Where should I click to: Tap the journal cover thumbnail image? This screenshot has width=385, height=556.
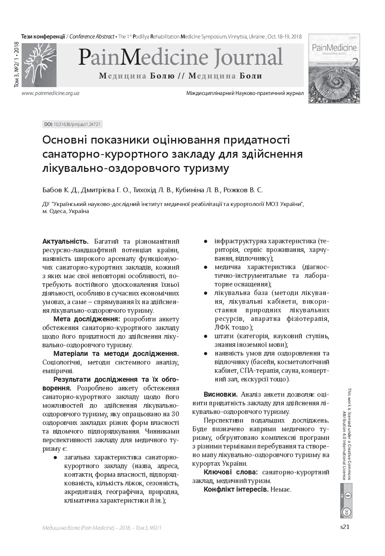tap(334, 69)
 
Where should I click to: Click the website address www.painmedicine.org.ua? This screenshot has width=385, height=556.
tap(51, 93)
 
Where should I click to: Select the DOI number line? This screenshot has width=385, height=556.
tap(73, 124)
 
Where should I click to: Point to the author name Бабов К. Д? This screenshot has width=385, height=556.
tap(60, 190)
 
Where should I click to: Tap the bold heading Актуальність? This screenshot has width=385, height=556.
tap(66, 241)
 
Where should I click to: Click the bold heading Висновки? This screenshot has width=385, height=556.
tap(220, 394)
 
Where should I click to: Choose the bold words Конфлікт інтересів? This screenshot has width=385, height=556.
tap(236, 489)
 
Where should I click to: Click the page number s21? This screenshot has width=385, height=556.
tap(344, 527)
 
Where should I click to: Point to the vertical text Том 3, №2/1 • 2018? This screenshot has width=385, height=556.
tap(16, 64)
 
